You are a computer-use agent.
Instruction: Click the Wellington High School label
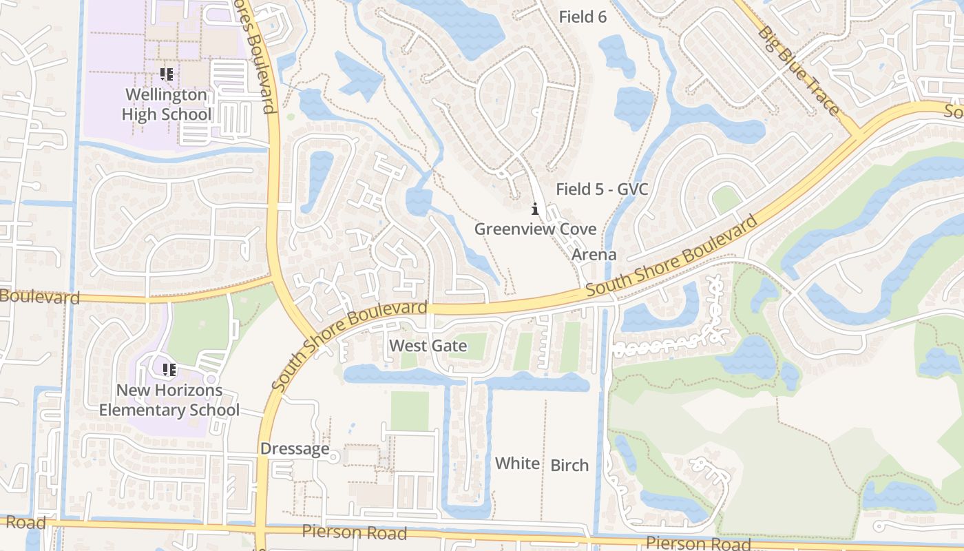167,104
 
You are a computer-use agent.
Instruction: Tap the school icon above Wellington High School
167,74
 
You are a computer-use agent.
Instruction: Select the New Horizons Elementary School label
169,400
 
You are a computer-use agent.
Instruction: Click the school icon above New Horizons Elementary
169,370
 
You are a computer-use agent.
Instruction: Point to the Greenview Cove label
535,229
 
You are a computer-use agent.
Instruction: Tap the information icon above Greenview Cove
534,208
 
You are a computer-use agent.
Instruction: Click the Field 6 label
583,17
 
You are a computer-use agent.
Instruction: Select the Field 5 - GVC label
602,189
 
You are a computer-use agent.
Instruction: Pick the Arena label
594,255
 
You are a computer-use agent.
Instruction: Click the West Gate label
428,346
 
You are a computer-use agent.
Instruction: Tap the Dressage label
295,449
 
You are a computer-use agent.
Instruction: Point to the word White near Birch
517,464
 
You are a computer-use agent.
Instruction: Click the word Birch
569,466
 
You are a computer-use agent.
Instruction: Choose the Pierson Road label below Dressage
354,532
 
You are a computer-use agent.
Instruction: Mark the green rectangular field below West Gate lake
410,411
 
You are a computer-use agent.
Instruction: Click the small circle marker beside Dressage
334,457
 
